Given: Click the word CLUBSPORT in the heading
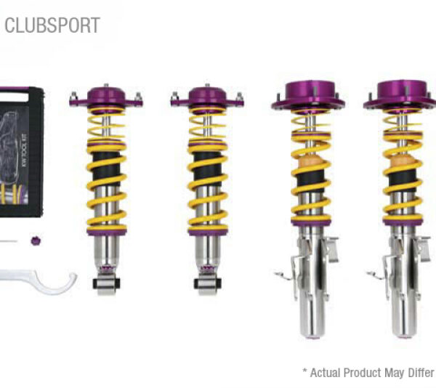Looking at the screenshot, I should point(52,25).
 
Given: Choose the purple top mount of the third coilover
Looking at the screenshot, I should point(307,95).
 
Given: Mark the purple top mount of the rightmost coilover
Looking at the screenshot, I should point(400,95).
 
